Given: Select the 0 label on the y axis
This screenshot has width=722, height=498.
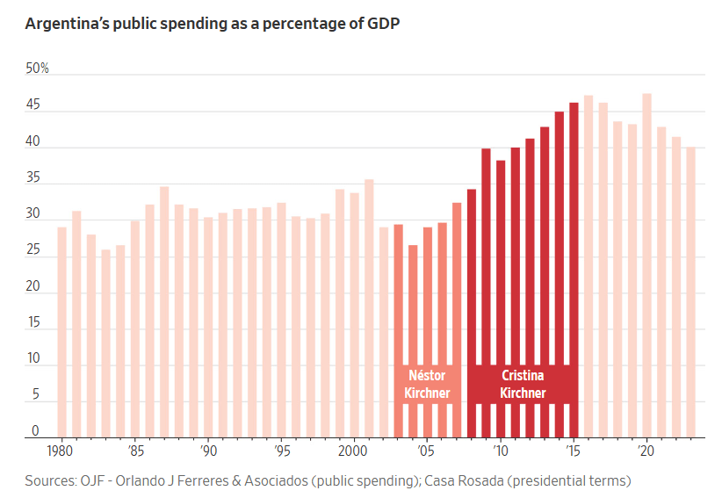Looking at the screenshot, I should (36, 431).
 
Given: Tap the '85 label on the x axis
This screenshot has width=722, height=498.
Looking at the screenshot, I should (135, 451).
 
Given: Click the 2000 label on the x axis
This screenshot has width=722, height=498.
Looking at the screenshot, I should (353, 451).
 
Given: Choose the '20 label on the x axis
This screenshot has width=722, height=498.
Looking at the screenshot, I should (646, 451).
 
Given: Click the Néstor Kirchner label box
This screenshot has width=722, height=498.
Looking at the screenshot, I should (427, 385).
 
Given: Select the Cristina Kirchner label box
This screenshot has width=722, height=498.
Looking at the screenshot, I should (523, 385).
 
